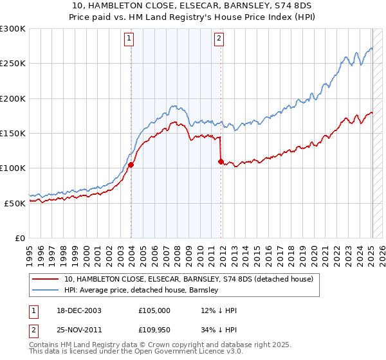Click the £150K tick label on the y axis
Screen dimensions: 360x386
(x=12, y=133)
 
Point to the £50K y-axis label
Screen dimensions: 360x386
(x=14, y=203)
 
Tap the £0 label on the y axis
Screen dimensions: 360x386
(x=19, y=238)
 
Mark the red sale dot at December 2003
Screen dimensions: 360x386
(x=131, y=165)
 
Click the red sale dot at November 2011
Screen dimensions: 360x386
(x=221, y=161)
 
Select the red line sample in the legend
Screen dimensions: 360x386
(x=45, y=279)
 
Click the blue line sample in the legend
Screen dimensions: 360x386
(x=45, y=289)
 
